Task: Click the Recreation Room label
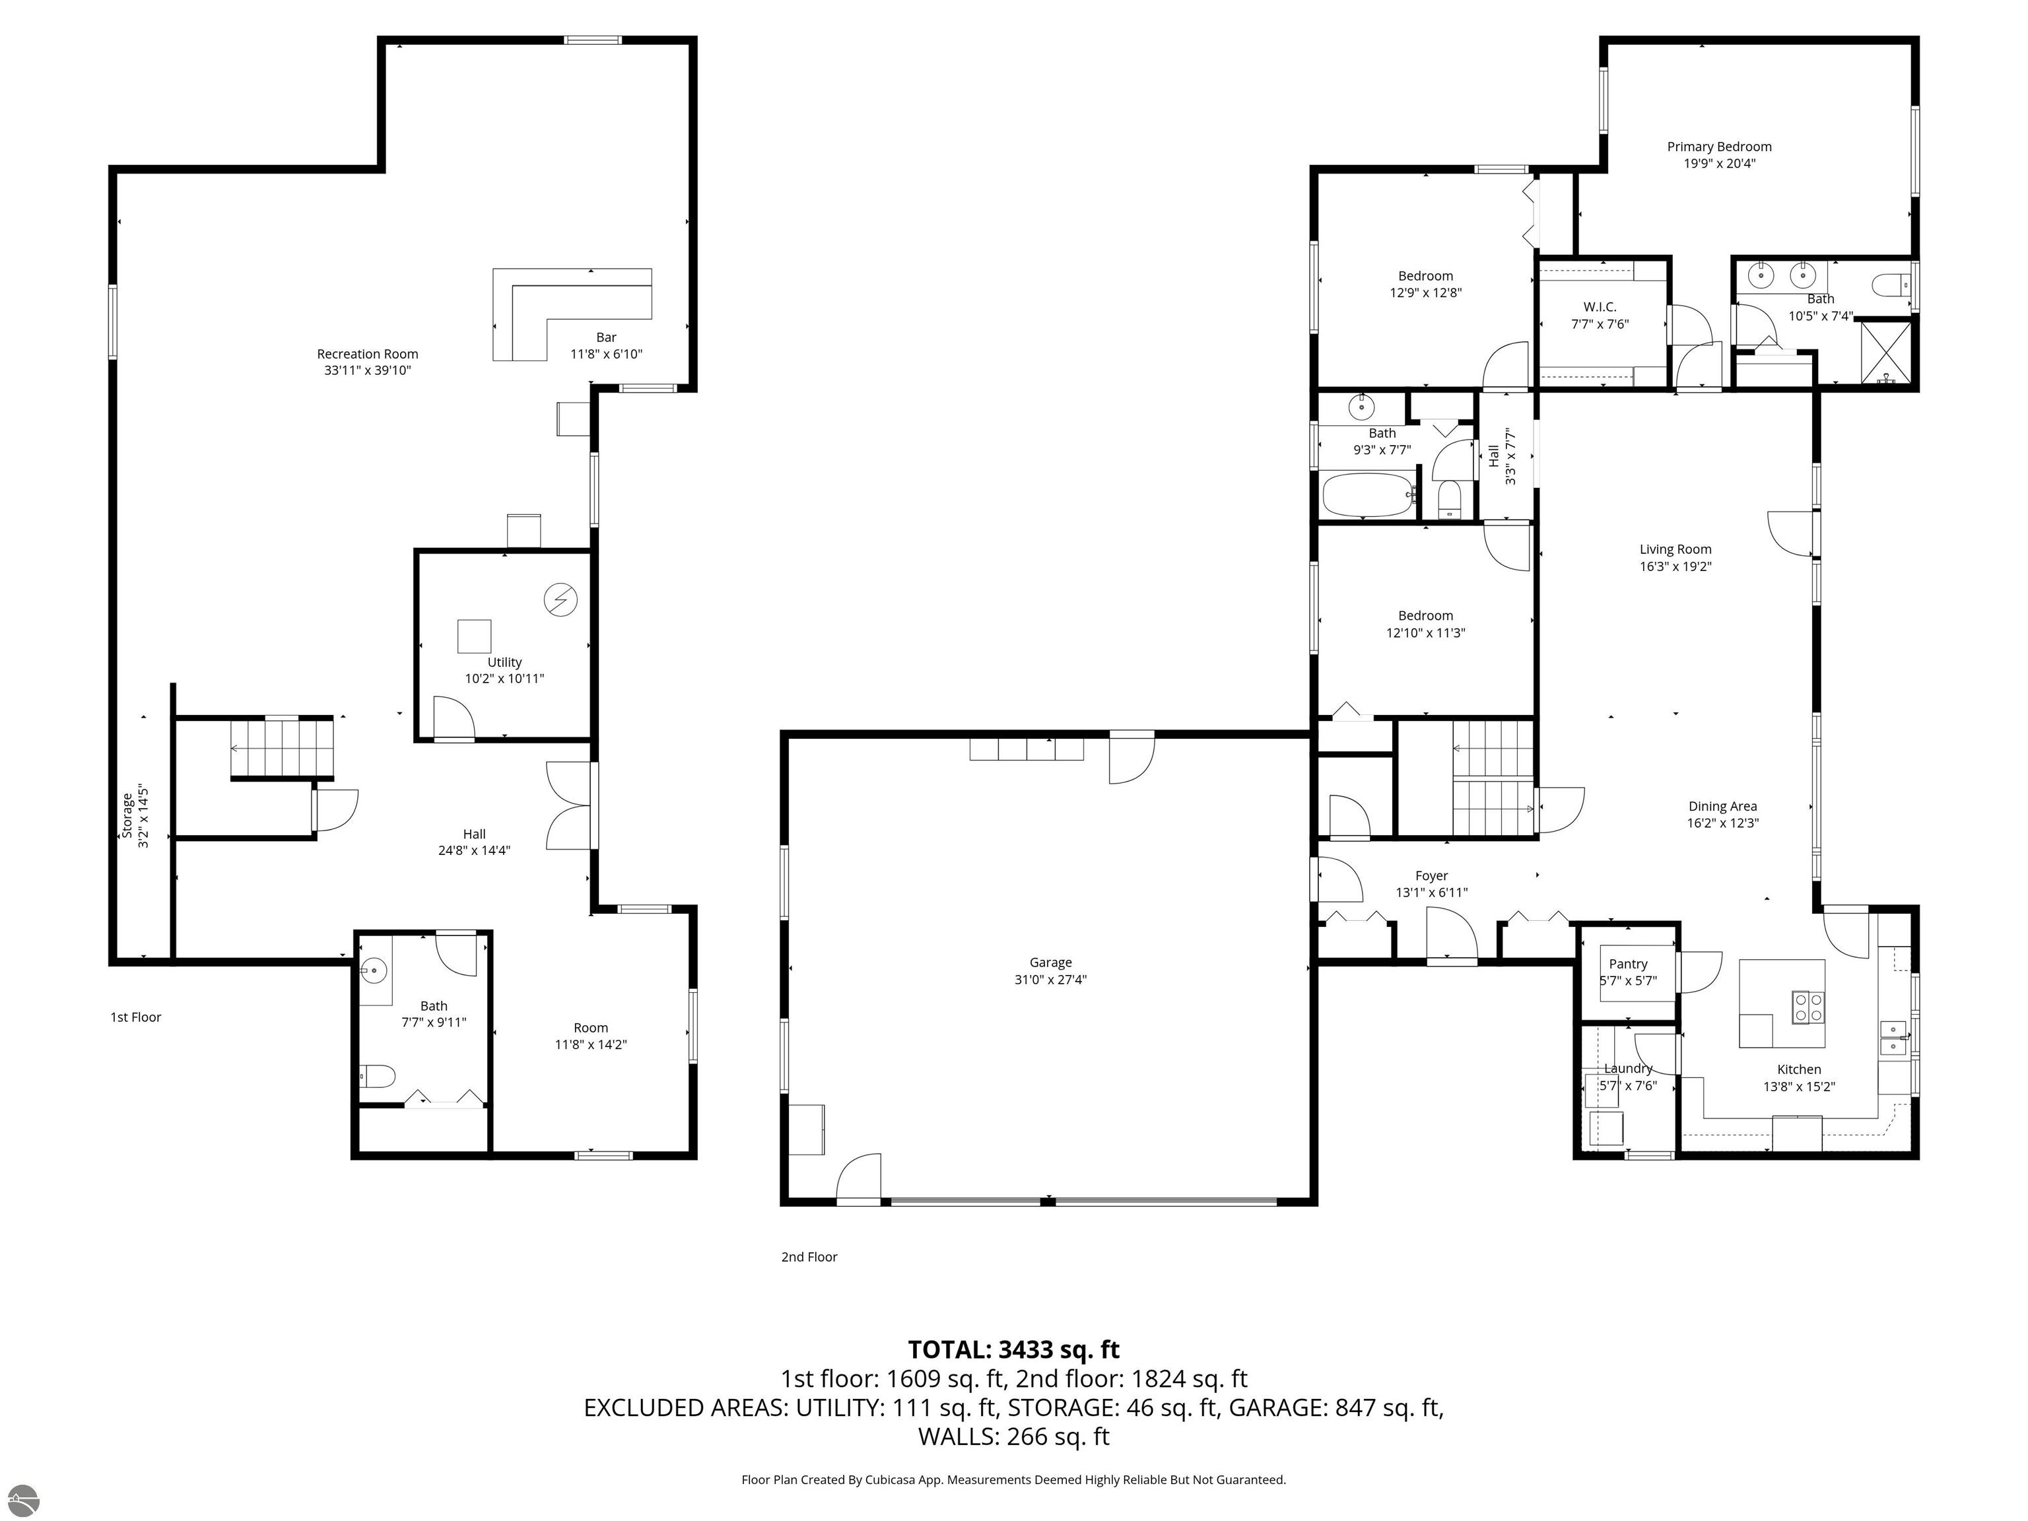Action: (368, 354)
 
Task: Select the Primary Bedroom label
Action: (1719, 147)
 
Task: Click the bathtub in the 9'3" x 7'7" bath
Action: (1368, 495)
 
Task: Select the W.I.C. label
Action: (1600, 307)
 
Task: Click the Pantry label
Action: (1628, 964)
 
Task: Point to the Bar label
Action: (606, 337)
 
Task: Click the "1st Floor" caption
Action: (136, 1017)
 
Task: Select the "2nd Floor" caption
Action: (809, 1257)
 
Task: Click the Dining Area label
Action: (1723, 807)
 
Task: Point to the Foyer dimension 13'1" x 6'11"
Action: (1432, 892)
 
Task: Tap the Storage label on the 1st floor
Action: (127, 816)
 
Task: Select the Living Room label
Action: (1676, 550)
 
